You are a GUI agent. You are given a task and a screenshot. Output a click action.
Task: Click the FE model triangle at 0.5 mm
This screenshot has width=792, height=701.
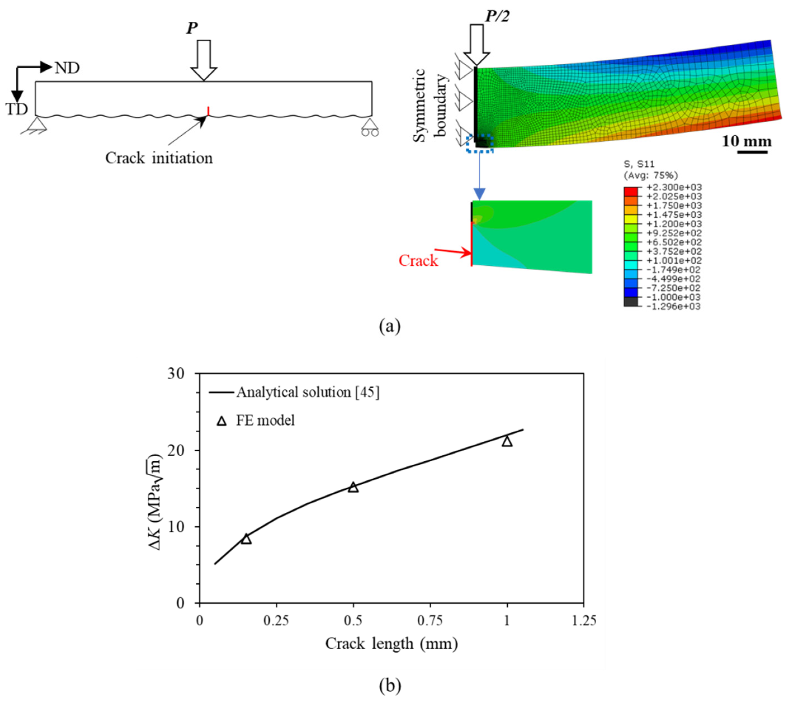point(353,487)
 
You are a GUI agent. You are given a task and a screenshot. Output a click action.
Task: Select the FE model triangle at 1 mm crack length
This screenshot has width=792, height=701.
point(507,441)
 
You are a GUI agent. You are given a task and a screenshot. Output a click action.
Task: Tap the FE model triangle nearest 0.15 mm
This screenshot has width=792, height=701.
point(246,539)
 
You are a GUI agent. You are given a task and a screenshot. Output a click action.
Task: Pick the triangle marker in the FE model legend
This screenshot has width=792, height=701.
point(222,421)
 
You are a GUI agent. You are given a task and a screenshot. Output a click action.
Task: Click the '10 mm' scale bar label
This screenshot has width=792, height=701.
point(746,142)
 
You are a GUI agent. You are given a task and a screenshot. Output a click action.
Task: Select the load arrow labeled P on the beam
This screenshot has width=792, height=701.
point(204,60)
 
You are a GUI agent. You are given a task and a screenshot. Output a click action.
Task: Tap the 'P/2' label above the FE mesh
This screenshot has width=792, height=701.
point(498,16)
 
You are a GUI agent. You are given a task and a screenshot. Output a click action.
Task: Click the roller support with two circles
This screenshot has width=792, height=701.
point(370,127)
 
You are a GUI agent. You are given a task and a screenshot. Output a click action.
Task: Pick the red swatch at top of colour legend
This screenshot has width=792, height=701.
point(630,192)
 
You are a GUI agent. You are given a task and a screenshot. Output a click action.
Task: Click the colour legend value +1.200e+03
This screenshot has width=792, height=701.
point(674,224)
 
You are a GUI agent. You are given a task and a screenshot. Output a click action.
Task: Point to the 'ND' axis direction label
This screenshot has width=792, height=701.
point(67,68)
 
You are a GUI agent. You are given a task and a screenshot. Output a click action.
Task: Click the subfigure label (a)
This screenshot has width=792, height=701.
point(390,326)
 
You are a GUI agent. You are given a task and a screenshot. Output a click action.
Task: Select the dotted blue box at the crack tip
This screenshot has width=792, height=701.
point(480,143)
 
